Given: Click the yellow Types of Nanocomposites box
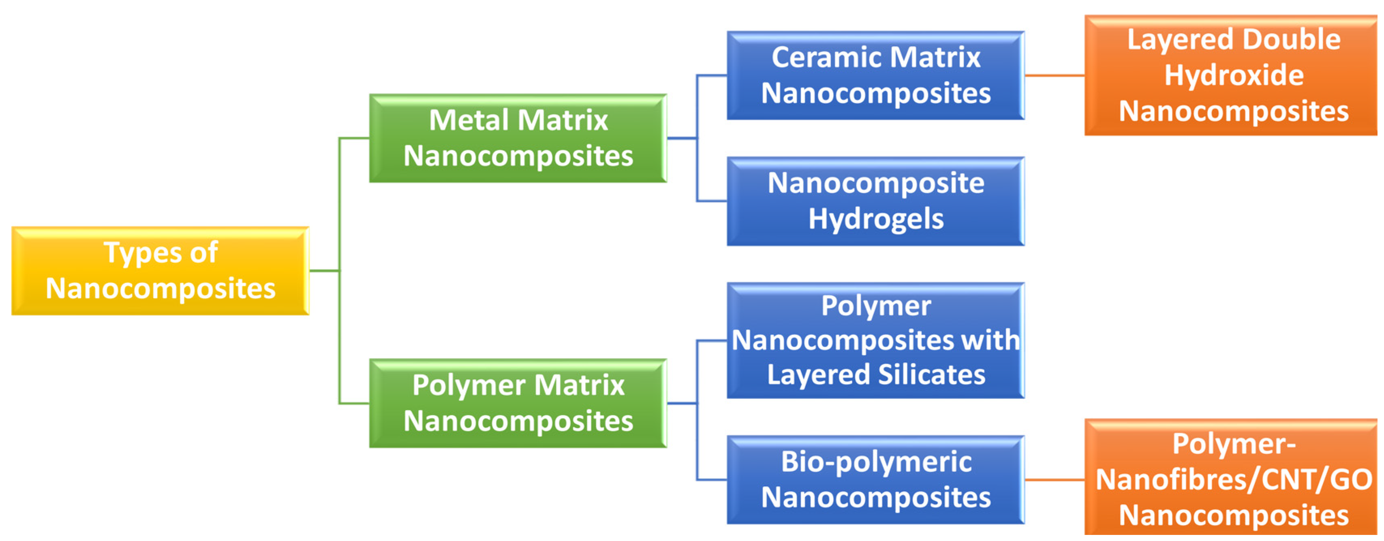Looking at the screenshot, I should pos(160,271).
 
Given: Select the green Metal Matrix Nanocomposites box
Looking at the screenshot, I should pos(518,138).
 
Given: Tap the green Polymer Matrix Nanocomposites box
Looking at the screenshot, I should pos(518,403).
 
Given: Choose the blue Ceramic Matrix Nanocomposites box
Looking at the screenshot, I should pos(875,75).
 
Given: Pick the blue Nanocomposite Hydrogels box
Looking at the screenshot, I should pos(875,201).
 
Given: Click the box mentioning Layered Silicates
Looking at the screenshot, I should pos(875,341).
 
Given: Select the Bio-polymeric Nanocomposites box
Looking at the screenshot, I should pos(875,480).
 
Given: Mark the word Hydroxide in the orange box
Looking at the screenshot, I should pos(1234,75).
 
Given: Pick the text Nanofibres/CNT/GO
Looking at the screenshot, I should pos(1234,480).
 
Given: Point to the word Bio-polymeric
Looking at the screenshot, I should pos(876,462).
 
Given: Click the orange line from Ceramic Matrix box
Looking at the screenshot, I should pos(1054,75).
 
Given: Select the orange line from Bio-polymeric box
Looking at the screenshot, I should pos(1054,480).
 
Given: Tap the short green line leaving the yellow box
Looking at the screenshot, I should pos(324,271).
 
